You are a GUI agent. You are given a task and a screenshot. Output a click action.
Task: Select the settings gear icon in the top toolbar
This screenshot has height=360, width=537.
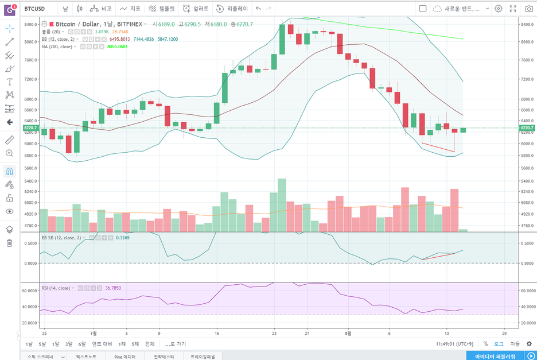499,9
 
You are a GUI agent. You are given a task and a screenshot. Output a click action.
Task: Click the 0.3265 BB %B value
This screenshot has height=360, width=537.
123,237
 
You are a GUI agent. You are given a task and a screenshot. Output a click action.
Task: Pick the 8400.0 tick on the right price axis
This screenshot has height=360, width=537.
526,25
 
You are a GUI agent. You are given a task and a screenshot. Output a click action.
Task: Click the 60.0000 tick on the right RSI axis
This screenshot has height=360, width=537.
526,291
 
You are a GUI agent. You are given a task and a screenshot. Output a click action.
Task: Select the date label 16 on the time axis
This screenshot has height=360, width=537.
217,332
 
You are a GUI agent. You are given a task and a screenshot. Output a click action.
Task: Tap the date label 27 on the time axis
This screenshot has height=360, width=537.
308,332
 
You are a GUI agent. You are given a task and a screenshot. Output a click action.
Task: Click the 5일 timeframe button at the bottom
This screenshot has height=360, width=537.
42,344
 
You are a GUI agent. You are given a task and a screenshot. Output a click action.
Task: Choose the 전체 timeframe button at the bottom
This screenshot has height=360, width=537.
150,344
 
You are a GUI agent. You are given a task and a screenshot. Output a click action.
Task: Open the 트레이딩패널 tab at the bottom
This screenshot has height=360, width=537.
203,357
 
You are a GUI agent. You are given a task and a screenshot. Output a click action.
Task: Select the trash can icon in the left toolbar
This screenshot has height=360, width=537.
10,243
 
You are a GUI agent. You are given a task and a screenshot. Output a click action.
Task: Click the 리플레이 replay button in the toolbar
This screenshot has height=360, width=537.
232,9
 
